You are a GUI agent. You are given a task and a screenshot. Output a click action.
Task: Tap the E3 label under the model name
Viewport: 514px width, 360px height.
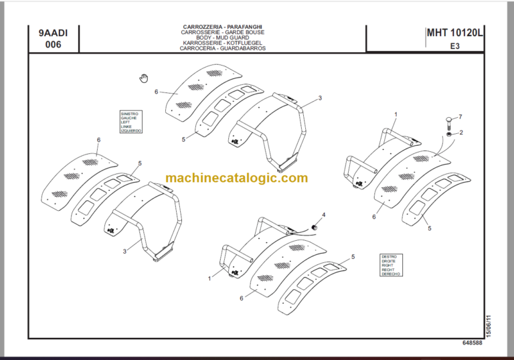(454, 46)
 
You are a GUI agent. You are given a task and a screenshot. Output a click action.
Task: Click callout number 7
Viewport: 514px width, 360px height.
(460, 118)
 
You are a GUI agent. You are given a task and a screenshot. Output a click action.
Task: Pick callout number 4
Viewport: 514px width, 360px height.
(323, 215)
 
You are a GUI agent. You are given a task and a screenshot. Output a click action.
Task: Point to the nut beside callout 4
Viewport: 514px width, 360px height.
(317, 228)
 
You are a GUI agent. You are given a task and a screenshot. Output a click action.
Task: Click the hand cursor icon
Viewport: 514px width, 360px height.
(143, 78)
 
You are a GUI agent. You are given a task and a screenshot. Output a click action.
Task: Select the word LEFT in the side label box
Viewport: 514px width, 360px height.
(125, 122)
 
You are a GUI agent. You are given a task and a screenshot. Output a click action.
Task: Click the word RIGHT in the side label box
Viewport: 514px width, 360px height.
(388, 266)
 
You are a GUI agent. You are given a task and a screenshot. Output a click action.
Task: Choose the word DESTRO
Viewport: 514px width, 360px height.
(389, 256)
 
